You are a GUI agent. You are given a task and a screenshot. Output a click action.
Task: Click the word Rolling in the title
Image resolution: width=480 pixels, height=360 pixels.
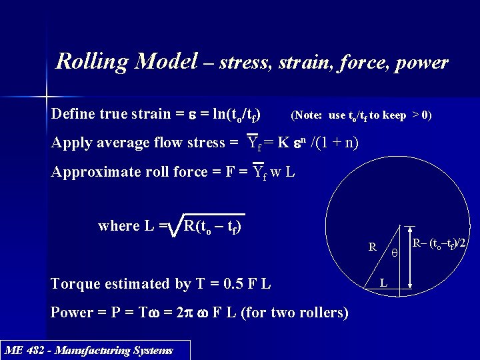click(x=92, y=63)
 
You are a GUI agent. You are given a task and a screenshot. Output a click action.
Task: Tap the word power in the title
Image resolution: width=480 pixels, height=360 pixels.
click(x=421, y=63)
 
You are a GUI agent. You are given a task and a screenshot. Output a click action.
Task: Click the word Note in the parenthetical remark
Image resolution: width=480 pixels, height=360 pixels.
click(x=309, y=115)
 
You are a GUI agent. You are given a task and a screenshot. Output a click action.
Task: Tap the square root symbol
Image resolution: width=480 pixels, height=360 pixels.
click(x=175, y=226)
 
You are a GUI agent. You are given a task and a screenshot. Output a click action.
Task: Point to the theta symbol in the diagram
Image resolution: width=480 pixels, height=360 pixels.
click(x=395, y=254)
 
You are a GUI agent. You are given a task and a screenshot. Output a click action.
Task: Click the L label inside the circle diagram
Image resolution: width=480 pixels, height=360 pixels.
click(x=383, y=283)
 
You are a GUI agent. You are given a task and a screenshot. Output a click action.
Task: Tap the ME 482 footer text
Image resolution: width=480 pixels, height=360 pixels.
click(x=89, y=350)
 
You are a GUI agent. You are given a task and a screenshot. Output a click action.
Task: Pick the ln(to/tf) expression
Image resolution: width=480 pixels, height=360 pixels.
click(x=231, y=114)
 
